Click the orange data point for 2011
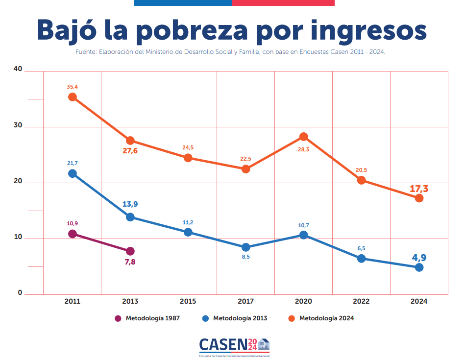pyautogui.click(x=73, y=97)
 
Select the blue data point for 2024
pyautogui.click(x=419, y=267)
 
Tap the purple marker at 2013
pyautogui.click(x=130, y=251)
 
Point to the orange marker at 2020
pyautogui.click(x=304, y=137)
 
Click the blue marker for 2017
pyautogui.click(x=246, y=247)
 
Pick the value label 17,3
pyautogui.click(x=419, y=189)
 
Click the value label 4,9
pyautogui.click(x=419, y=258)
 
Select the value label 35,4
pyautogui.click(x=73, y=87)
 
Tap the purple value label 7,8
pyautogui.click(x=130, y=262)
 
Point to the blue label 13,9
pyautogui.click(x=130, y=204)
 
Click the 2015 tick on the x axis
pyautogui.click(x=188, y=301)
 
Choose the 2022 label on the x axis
pyautogui.click(x=361, y=301)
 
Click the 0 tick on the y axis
pyautogui.click(x=20, y=292)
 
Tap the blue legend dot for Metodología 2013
pyautogui.click(x=206, y=318)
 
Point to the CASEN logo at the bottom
pyautogui.click(x=234, y=346)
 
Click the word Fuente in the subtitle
pyautogui.click(x=85, y=51)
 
